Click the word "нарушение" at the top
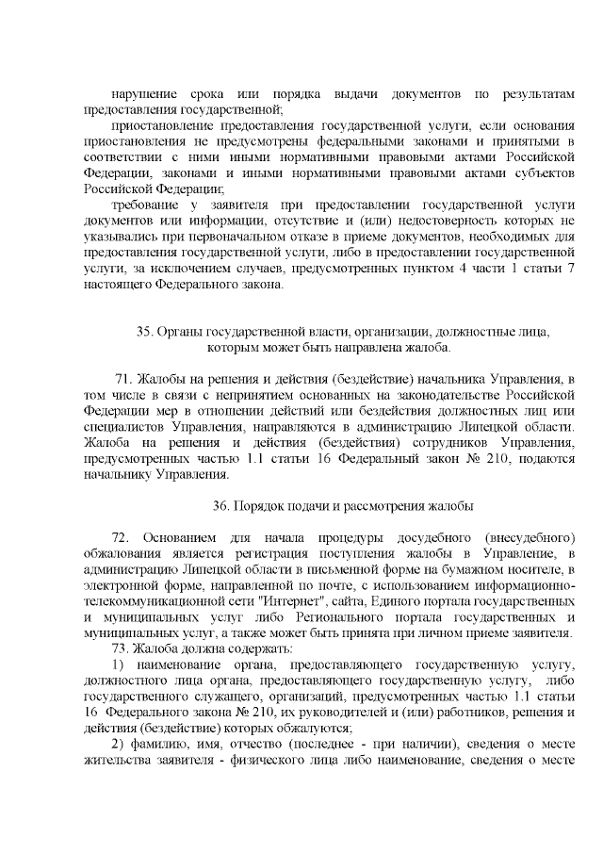(143, 95)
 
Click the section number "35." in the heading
(145, 332)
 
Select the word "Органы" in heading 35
(179, 332)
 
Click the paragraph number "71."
(124, 379)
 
